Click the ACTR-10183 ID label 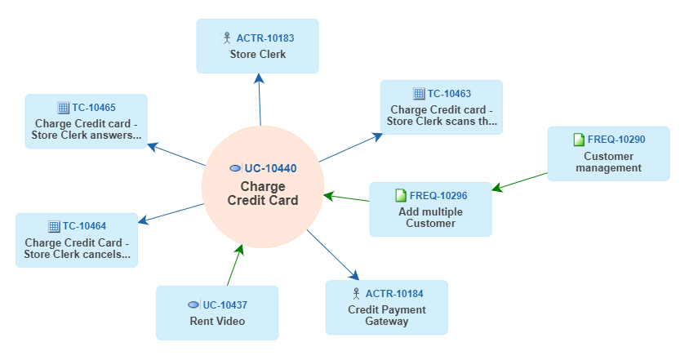(x=265, y=38)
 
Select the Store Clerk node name (x=258, y=55)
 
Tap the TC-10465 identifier (x=94, y=107)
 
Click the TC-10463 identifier (x=449, y=94)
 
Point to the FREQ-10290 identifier (x=616, y=140)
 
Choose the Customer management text (x=608, y=162)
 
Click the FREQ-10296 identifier (x=438, y=195)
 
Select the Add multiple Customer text (x=430, y=217)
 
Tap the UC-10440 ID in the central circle (x=270, y=168)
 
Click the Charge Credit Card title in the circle (x=263, y=193)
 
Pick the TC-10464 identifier (x=85, y=226)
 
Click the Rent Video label (x=217, y=322)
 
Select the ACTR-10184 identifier (x=394, y=293)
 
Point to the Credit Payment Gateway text (x=387, y=315)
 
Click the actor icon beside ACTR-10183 (x=227, y=38)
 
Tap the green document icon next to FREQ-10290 (x=579, y=140)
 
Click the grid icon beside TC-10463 (x=419, y=94)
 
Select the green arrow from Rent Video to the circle (x=235, y=265)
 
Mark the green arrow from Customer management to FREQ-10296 (x=520, y=181)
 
